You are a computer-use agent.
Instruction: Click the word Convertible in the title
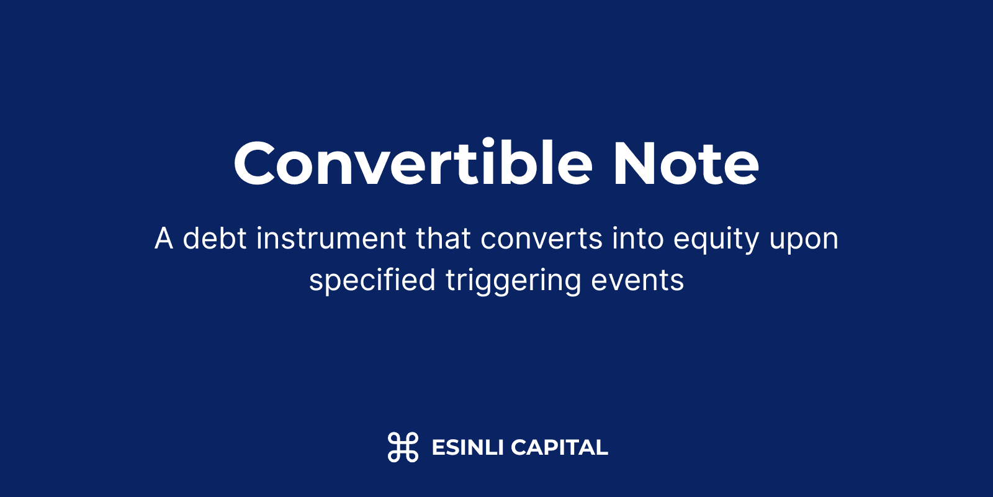coord(413,162)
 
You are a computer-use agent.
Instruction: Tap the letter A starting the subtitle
coord(164,239)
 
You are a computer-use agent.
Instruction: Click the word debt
coord(215,238)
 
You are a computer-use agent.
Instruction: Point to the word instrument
coord(331,239)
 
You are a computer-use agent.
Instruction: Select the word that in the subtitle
coord(443,238)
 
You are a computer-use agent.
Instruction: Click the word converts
coord(541,239)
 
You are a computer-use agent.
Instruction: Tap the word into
coord(638,239)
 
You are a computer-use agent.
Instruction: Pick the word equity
coord(716,240)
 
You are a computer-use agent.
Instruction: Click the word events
coord(637,280)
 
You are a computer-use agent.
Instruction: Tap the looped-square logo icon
coord(403,447)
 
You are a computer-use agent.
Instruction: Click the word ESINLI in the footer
coord(468,447)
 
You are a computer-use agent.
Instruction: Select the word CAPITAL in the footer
coord(559,447)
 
